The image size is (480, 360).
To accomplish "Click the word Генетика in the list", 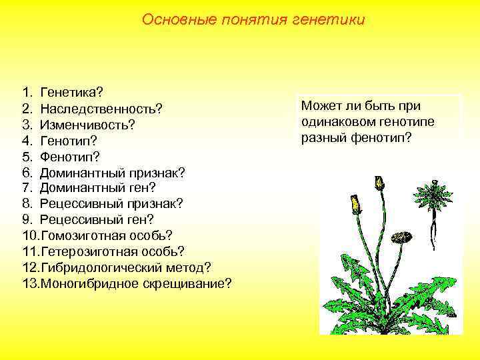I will tap(71, 91).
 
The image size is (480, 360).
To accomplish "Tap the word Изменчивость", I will tap(87, 124).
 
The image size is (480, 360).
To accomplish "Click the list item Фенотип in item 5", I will tap(69, 157).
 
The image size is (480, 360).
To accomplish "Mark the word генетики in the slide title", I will tap(331, 19).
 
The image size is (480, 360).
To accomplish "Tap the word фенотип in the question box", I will tap(379, 138).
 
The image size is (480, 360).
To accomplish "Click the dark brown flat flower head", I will tap(400, 237).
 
